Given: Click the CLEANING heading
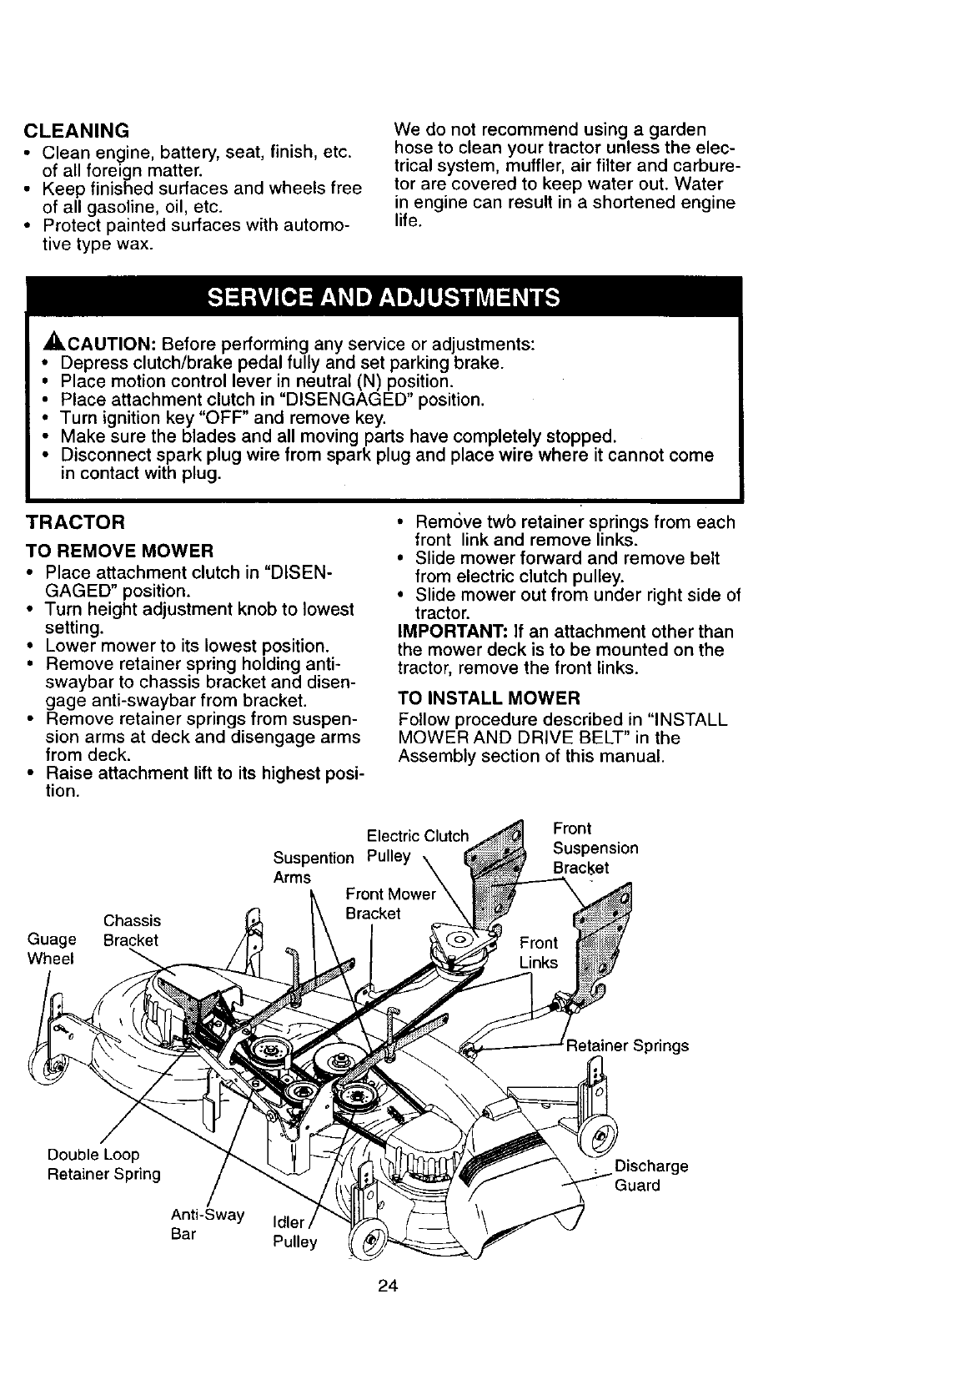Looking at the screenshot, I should pos(77,131).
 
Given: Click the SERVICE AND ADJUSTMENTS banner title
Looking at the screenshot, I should pos(384,298).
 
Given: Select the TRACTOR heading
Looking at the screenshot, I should pos(76,523).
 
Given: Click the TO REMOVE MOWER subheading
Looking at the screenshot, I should pos(120,551).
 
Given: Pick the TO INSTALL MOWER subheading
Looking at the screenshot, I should pos(489,697).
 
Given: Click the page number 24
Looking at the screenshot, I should pos(386,1286).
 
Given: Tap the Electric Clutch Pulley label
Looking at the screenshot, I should pos(417,846).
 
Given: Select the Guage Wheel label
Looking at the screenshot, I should pos(51,949).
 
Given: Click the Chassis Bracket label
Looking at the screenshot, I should pos(131,930).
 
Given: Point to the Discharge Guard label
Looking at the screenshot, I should pos(650,1176).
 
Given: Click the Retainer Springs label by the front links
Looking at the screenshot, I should pos(627,1045).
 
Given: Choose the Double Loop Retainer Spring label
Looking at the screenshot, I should pos(103,1165).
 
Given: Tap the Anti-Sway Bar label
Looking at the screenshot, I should pos(207,1224).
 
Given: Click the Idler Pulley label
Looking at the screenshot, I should pos(295,1232).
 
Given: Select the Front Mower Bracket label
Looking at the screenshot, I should pos(390,904).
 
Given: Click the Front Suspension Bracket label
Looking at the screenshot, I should pos(595,848).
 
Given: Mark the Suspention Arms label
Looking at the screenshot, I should pos(314,867).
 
